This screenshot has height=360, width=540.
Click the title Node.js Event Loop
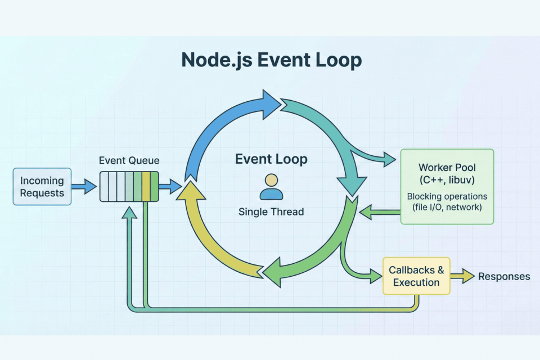(271, 60)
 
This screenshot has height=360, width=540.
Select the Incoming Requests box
(42, 187)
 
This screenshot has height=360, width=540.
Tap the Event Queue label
(129, 161)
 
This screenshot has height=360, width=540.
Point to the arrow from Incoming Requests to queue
(84, 187)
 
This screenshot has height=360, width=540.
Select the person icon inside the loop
(271, 187)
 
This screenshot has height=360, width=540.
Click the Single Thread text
(271, 212)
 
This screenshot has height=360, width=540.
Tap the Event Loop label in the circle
(271, 160)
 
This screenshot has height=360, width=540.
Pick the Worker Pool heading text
(447, 168)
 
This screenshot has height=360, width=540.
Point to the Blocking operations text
(447, 197)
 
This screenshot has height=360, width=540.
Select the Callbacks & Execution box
(416, 276)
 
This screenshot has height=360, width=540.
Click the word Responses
(504, 276)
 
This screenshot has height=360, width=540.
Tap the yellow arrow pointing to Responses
(463, 276)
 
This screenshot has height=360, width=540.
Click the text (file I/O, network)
(447, 208)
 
